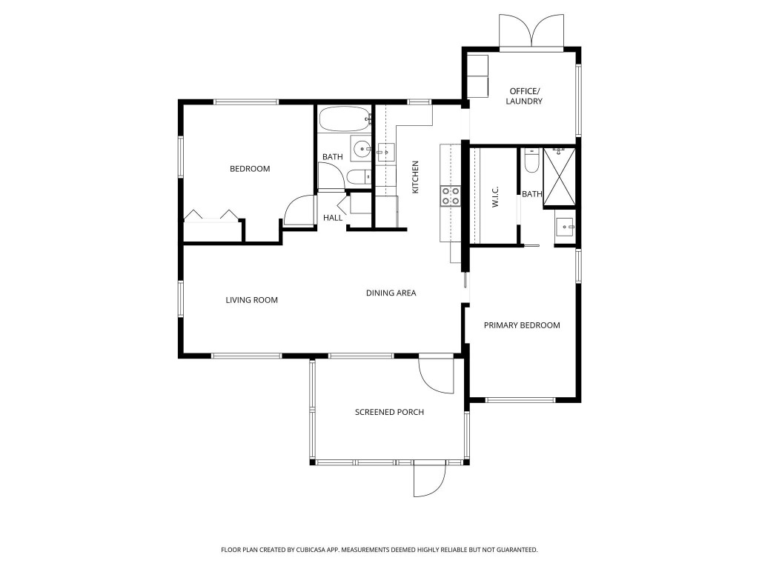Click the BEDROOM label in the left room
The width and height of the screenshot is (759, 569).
click(250, 169)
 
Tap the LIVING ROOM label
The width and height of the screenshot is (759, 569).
click(251, 300)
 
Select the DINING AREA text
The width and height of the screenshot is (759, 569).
click(391, 293)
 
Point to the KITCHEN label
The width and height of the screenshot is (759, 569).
click(416, 178)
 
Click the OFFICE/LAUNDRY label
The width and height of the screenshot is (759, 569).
click(525, 96)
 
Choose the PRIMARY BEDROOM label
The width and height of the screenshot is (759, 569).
click(522, 325)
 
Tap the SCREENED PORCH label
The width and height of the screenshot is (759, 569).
click(389, 412)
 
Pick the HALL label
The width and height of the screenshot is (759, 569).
click(333, 218)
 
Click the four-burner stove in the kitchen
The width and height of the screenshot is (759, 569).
click(451, 195)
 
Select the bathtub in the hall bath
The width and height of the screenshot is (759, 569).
click(345, 119)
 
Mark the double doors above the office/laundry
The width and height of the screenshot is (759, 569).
click(532, 32)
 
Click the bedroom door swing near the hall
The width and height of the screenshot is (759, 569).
click(299, 210)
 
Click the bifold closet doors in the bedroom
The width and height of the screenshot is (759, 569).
click(213, 216)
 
